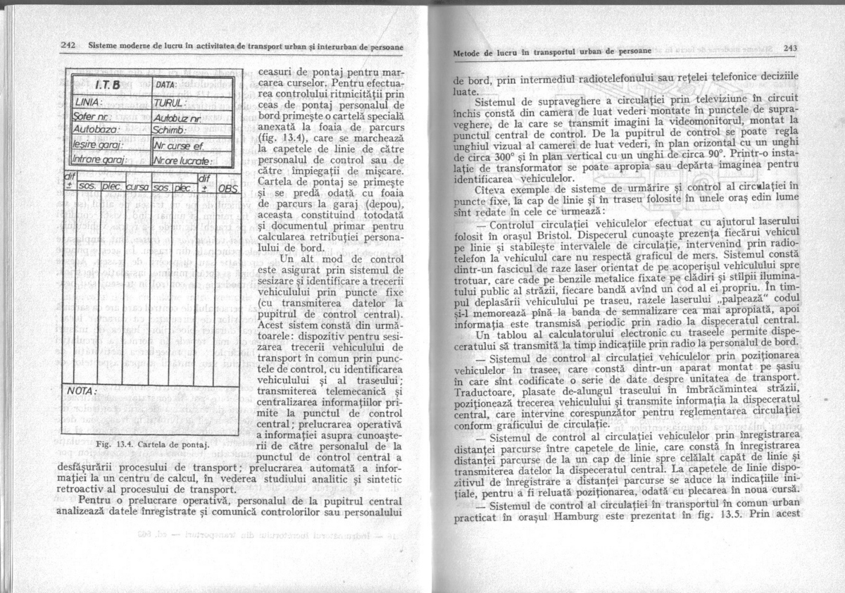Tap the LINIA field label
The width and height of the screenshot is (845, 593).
point(89,104)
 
